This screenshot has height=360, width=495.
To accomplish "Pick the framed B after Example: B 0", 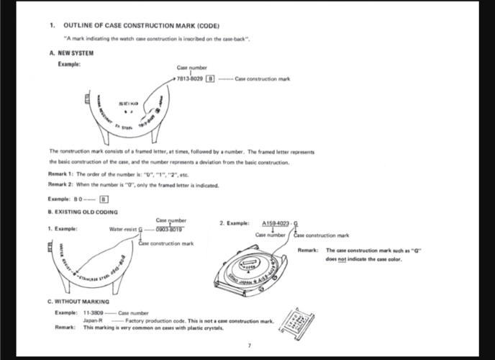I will click(104, 199).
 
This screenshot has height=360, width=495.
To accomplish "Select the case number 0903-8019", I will click(171, 229).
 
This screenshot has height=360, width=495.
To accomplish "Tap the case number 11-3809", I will click(93, 314).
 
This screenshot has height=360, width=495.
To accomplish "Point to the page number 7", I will click(248, 346).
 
